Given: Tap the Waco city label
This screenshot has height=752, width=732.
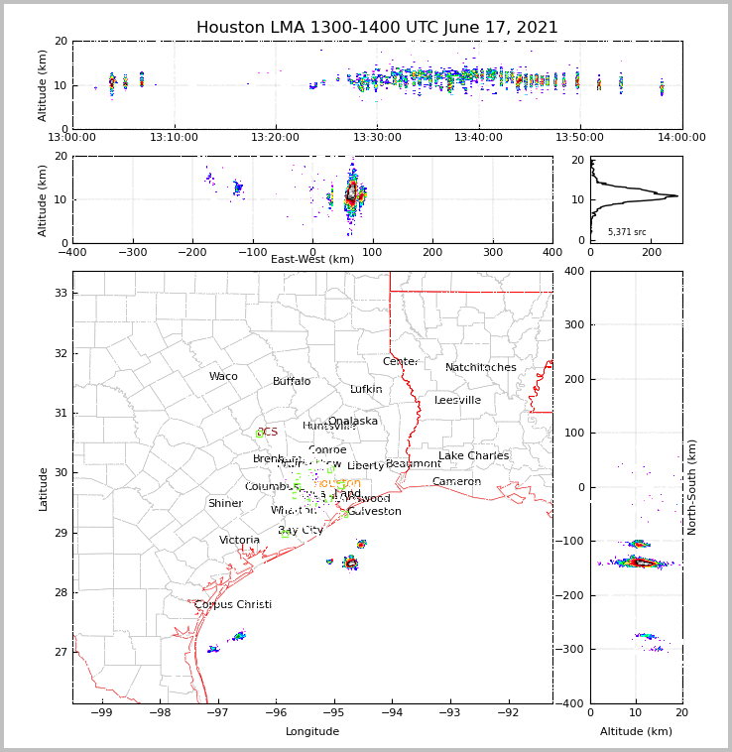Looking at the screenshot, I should [223, 377].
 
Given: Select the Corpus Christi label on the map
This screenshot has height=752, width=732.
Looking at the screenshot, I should [233, 605].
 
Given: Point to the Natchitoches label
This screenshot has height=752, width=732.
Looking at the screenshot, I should [481, 368].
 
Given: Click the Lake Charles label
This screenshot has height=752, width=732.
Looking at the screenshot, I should [473, 456].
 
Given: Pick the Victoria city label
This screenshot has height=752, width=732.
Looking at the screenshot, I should [240, 541].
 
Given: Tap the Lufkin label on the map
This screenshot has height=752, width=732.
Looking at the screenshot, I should [366, 390].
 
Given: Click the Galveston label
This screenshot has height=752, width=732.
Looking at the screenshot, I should [374, 512].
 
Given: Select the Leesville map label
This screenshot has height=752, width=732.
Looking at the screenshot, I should [457, 401].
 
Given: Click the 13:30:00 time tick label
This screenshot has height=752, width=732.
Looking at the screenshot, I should [377, 138].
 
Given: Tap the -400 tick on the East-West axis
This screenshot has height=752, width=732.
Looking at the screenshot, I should [72, 251].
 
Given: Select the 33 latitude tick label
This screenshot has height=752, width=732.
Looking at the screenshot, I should [60, 294].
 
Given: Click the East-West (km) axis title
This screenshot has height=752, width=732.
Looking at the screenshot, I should [312, 260].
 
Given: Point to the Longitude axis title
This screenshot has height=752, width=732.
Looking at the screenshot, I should [312, 732].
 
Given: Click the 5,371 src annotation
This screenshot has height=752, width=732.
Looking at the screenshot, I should [627, 232].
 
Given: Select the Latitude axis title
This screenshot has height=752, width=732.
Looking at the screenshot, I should [44, 488].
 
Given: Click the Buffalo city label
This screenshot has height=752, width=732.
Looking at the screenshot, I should [292, 382].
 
